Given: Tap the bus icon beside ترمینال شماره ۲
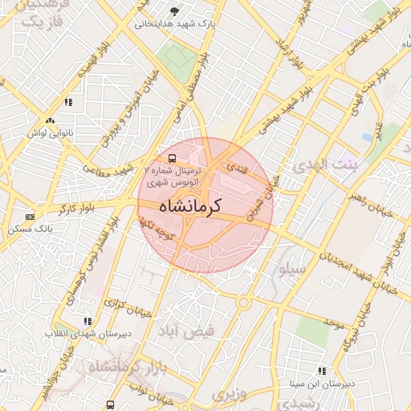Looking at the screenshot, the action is coord(173,158).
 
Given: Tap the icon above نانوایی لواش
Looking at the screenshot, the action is coord(51,120).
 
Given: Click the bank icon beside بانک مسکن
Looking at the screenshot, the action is coord(31,217).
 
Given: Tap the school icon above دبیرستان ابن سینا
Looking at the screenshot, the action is coord(321,370).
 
